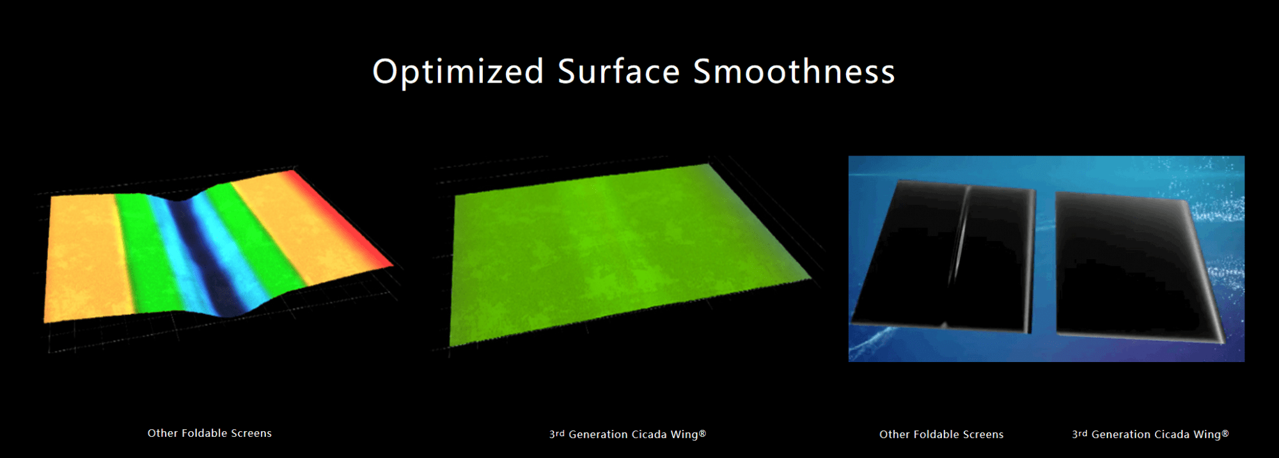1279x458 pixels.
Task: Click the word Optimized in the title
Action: click(x=458, y=72)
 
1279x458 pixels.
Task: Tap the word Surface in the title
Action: click(x=618, y=70)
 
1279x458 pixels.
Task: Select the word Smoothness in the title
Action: click(x=794, y=70)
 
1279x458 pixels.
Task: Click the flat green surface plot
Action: click(x=630, y=253)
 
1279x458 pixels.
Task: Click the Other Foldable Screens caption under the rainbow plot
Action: click(x=210, y=433)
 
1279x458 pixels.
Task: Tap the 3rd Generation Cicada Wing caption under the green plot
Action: click(x=627, y=434)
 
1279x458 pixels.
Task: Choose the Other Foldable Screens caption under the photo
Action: click(x=941, y=434)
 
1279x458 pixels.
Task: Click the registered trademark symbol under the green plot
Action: click(x=702, y=433)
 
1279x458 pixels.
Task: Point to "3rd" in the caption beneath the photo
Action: click(x=1079, y=434)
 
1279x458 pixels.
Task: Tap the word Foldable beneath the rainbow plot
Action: click(x=205, y=433)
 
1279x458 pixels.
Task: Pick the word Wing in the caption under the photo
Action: click(x=1207, y=435)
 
